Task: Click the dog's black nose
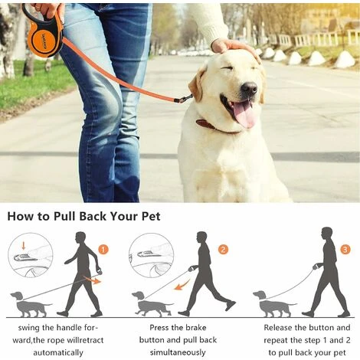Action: tap(249, 88)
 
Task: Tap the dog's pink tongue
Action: tap(244, 113)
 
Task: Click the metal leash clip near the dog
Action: tap(185, 98)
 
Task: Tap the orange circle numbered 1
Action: tap(103, 250)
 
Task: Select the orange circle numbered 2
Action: tap(223, 250)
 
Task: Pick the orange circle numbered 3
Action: tap(345, 250)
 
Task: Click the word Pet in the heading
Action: tap(151, 217)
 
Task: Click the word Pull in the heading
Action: tap(64, 217)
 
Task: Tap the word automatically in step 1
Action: tap(58, 352)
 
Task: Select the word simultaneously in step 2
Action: tap(178, 352)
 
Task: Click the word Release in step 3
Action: tap(278, 327)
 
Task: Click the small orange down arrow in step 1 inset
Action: tap(24, 246)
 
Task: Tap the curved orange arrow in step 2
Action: tap(182, 284)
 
